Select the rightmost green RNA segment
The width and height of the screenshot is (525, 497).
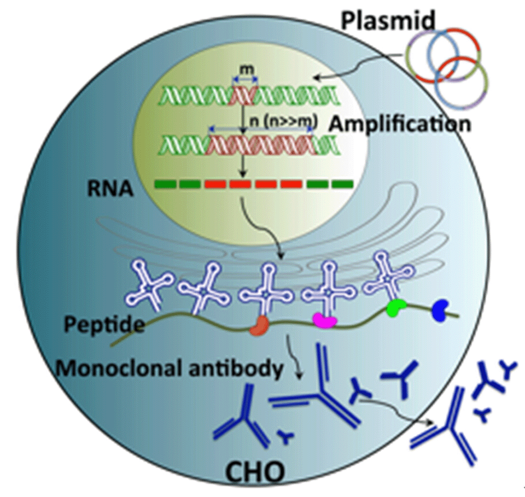click(342, 184)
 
